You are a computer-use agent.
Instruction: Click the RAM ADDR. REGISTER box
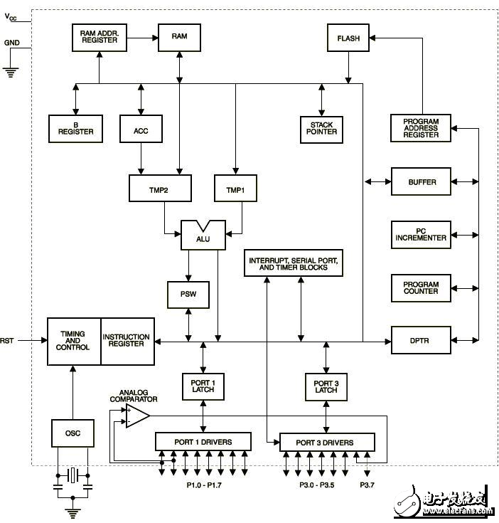(98, 38)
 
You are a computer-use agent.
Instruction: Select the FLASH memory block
(348, 38)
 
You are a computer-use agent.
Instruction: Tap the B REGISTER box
(75, 128)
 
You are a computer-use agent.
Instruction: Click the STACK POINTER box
(321, 128)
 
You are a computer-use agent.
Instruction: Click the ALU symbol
(203, 236)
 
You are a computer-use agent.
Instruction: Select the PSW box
(188, 295)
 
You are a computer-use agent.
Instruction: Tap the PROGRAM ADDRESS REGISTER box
(421, 128)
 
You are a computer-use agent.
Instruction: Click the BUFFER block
(421, 181)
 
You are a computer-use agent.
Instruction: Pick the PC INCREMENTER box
(421, 234)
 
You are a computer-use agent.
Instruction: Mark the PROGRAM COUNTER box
(421, 288)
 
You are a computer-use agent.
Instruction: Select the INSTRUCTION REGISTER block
(127, 342)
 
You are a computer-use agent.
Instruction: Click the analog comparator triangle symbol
(136, 416)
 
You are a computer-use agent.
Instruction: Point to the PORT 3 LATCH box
(326, 387)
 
